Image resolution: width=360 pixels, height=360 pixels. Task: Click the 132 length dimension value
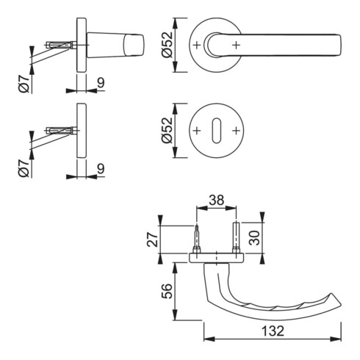[x=273, y=331]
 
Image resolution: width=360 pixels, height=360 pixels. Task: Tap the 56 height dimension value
[x=167, y=291]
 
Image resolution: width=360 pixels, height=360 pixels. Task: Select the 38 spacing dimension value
[x=216, y=200]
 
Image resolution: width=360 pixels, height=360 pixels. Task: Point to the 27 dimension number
[x=152, y=240]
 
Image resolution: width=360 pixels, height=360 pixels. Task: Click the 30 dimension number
[x=254, y=237]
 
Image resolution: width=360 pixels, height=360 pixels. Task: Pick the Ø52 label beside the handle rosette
[x=168, y=45]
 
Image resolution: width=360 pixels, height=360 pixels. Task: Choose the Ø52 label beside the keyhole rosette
[x=168, y=130]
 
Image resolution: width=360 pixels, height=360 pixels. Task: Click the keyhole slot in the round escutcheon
[x=216, y=131]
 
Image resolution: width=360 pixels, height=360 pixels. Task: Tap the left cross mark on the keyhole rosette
[x=197, y=131]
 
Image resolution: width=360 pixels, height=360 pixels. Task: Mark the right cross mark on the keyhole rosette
[x=236, y=131]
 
